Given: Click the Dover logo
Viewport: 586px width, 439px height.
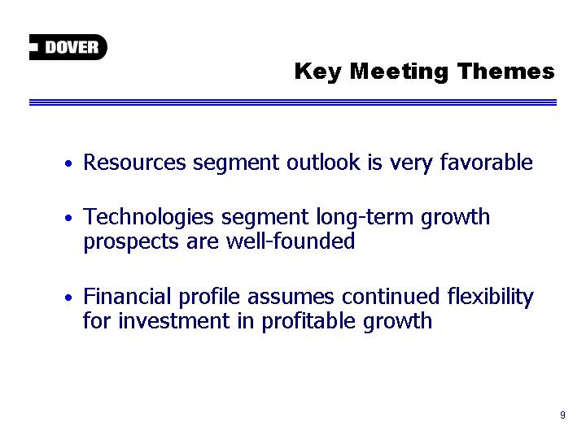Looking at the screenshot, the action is (x=68, y=47).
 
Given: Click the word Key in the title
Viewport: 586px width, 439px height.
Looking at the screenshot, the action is (x=317, y=72).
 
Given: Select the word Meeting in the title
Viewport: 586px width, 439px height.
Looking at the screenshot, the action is (x=399, y=72).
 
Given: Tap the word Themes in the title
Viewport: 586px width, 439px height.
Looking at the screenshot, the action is (x=506, y=71).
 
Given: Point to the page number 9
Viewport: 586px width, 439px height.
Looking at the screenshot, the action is (x=562, y=415).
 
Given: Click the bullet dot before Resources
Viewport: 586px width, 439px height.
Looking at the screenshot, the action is (x=68, y=163).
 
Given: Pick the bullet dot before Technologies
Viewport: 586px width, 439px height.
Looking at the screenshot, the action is (x=68, y=218).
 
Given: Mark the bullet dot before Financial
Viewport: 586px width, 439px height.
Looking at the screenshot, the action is (x=68, y=298).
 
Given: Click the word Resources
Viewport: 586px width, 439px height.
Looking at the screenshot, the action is (x=134, y=163).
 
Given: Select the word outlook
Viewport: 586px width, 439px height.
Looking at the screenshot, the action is (x=324, y=163).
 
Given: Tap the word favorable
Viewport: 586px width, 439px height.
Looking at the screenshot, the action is (x=486, y=162).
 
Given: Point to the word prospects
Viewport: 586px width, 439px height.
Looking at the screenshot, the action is (x=131, y=242).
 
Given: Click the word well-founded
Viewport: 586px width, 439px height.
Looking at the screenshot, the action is (x=291, y=241).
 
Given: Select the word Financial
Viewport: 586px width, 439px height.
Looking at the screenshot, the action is (x=127, y=296).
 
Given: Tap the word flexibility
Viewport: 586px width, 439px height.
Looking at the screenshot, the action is (x=491, y=298).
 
